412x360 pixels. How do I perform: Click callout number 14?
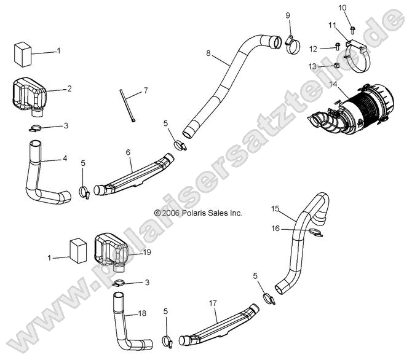333,84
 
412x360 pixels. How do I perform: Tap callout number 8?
208,53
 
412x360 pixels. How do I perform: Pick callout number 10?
343,7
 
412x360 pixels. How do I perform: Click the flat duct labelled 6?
137,177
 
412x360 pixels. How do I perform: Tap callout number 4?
64,158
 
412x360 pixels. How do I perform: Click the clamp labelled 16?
314,233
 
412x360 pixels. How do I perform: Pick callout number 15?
275,209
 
